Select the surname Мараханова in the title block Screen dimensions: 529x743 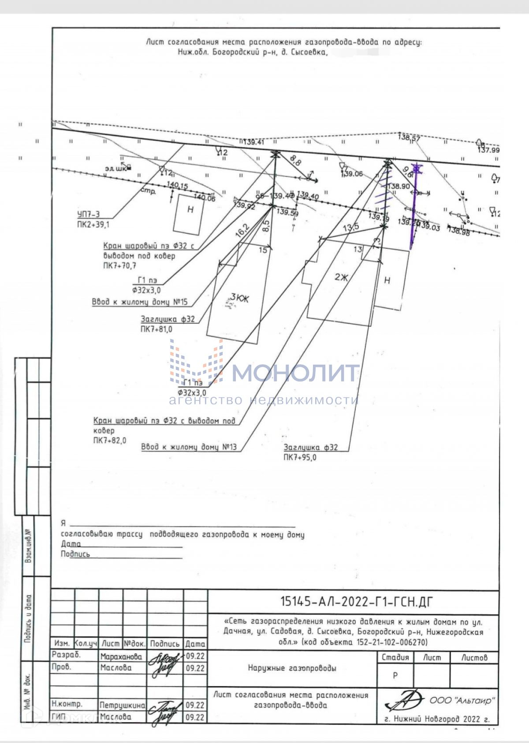[x=121, y=657]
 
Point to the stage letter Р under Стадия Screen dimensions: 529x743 [x=395, y=676]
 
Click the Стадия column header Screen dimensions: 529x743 [x=395, y=657]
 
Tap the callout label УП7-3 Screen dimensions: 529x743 [x=88, y=215]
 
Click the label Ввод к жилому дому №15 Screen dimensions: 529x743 [x=140, y=302]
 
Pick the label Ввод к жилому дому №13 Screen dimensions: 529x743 [x=189, y=447]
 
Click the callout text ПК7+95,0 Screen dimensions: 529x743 [x=300, y=458]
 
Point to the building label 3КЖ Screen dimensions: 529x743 [x=240, y=299]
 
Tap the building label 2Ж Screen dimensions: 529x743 [x=341, y=277]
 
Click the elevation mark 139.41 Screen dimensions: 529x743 [x=253, y=142]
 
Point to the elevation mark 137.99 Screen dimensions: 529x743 [x=489, y=150]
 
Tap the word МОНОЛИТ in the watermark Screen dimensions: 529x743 [x=295, y=373]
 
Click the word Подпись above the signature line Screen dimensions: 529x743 [x=75, y=554]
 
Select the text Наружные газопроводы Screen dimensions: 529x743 [x=292, y=668]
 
